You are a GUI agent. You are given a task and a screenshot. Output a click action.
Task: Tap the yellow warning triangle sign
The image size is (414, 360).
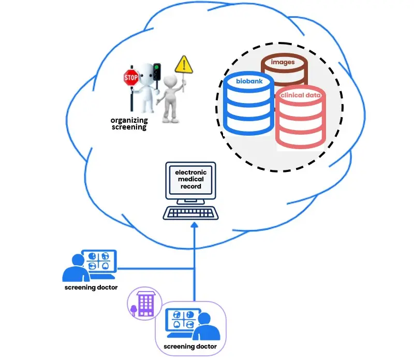pos(183,65)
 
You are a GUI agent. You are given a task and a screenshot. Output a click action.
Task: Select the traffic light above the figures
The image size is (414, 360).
pos(157,71)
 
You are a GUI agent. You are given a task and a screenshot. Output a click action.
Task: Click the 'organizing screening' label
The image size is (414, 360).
pos(129,124)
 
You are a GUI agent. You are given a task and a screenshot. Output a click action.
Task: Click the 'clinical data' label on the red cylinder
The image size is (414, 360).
pos(301,95)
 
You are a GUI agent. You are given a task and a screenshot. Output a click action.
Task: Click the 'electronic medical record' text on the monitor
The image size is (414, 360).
pos(190,179)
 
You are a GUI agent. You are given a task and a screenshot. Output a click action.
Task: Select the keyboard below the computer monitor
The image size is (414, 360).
pos(190,212)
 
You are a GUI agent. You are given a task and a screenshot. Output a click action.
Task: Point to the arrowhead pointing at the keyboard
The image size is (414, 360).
pos(195,226)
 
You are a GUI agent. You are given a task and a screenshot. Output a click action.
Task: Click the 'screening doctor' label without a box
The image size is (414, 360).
pos(91,287)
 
